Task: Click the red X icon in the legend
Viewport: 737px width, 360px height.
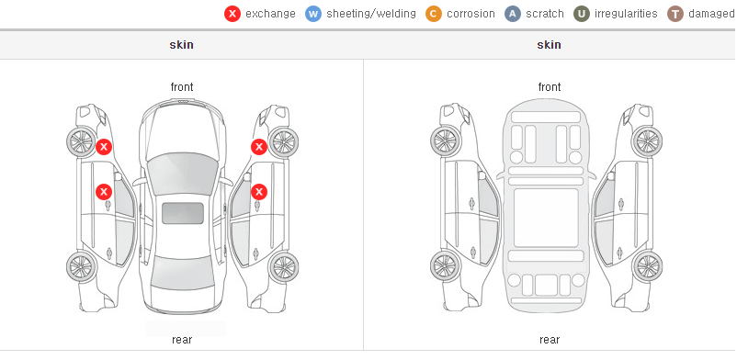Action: [x=232, y=14]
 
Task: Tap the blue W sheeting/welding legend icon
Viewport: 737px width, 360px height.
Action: [x=313, y=14]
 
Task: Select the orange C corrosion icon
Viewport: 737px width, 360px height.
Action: [x=434, y=14]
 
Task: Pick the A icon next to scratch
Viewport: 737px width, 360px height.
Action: [x=513, y=14]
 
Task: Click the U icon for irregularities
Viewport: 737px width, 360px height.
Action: [x=582, y=14]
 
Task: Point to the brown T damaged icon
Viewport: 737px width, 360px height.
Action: [x=675, y=14]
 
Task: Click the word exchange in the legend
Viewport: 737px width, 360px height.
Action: [x=270, y=14]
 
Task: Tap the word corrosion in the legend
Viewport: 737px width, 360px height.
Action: [x=471, y=14]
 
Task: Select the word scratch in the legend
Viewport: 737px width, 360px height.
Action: [x=545, y=14]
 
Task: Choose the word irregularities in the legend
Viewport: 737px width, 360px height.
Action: [x=626, y=14]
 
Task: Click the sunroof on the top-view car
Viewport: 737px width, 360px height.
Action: [x=183, y=213]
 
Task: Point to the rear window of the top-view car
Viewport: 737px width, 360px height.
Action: [x=182, y=273]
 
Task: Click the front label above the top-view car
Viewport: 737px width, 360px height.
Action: [x=182, y=87]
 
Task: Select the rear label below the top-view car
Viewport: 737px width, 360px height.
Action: [x=182, y=340]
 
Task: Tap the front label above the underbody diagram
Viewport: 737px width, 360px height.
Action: [x=550, y=87]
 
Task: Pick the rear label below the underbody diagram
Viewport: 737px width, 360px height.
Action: [x=550, y=340]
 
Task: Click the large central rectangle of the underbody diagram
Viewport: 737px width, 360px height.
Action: [x=546, y=218]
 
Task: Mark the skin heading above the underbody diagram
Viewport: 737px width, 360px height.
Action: [x=549, y=45]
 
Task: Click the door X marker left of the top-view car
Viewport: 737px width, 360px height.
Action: [x=104, y=192]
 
